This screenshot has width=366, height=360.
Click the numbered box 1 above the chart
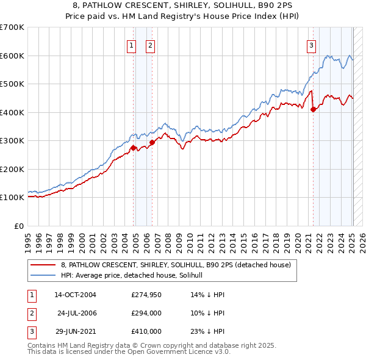(131, 45)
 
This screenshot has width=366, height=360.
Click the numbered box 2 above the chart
(150, 45)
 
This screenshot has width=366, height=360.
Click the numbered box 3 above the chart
(311, 45)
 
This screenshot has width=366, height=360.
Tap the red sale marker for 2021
(313, 110)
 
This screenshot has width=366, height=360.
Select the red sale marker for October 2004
(133, 148)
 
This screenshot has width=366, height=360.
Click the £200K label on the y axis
(12, 169)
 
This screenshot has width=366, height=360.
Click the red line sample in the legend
(43, 265)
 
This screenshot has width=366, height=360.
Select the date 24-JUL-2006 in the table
(76, 313)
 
